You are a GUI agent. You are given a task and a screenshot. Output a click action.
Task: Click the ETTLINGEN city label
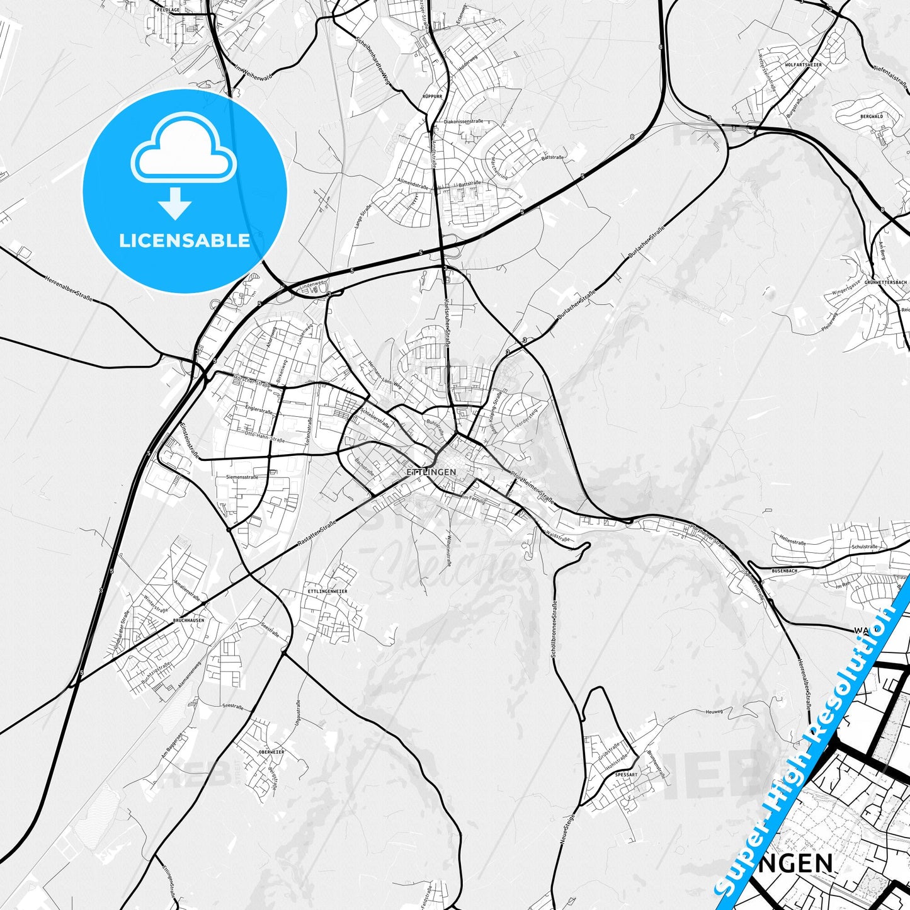[x=431, y=472]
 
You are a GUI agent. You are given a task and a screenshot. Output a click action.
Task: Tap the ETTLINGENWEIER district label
[x=327, y=591]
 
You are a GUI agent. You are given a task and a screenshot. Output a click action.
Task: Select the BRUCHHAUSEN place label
[x=188, y=620]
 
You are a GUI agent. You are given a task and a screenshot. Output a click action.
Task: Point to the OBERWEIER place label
[x=271, y=752]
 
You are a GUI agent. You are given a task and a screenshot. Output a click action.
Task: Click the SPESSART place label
[x=626, y=775]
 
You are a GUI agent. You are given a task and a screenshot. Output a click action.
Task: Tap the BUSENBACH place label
[x=784, y=571]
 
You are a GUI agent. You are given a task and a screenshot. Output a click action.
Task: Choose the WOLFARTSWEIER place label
[x=803, y=65]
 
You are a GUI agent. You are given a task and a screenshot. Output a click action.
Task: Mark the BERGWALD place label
[x=872, y=117]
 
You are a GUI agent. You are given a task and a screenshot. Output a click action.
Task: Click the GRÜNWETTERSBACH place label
[x=885, y=282]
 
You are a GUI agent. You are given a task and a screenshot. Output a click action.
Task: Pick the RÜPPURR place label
[x=433, y=96]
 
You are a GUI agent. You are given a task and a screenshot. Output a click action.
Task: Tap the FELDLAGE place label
[x=168, y=11]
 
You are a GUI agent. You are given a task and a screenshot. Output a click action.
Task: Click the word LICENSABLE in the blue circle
[x=185, y=241]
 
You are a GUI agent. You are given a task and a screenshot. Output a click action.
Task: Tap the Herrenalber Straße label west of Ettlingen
[x=69, y=288]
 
